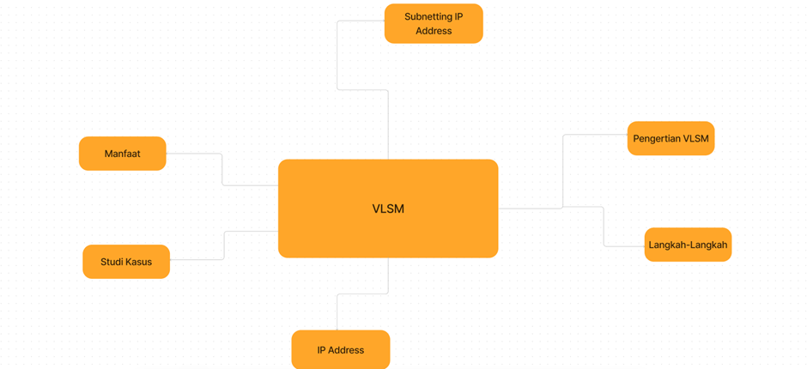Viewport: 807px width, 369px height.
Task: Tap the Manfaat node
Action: [x=122, y=154]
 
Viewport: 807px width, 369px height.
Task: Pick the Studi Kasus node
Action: [x=126, y=262]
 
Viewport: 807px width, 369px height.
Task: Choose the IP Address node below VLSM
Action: [x=341, y=350]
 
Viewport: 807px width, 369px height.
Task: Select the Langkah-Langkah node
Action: [x=688, y=245]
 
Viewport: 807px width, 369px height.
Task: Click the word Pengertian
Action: [x=658, y=138]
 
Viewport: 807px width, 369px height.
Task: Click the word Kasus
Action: [x=139, y=262]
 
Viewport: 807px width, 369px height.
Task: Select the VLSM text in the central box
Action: [x=388, y=209]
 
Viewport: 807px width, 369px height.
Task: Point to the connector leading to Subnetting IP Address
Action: [x=337, y=56]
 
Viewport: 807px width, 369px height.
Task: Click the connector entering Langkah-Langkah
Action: [x=604, y=227]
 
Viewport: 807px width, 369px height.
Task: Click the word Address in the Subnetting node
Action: [x=434, y=31]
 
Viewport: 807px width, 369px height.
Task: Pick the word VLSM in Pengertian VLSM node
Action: [x=696, y=138]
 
